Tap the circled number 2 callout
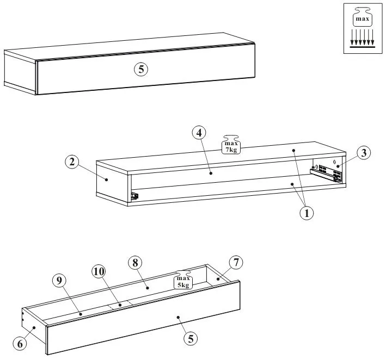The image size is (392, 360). point(71,162)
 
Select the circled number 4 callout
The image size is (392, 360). point(199,132)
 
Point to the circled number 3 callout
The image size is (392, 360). point(364,153)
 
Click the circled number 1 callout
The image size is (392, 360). point(307,213)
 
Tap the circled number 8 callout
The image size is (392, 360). point(134,262)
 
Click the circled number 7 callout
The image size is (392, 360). point(235,263)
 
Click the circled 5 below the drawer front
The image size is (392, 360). point(190,338)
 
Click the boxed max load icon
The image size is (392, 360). point(362,29)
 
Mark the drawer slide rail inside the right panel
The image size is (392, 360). point(326,173)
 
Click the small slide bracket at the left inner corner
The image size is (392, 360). point(133,196)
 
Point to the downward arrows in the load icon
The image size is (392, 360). point(362,38)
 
